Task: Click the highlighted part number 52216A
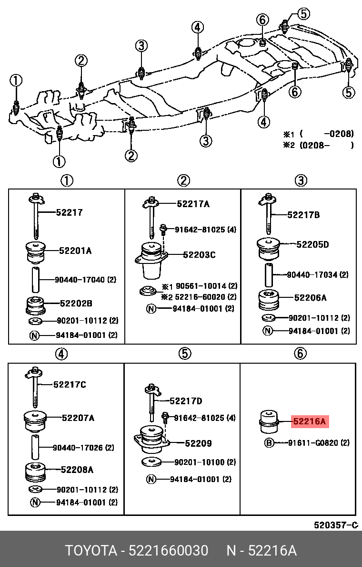[310, 421]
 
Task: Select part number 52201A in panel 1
[75, 250]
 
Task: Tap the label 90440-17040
[78, 280]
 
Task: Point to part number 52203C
[199, 255]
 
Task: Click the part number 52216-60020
[199, 297]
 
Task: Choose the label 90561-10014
[199, 286]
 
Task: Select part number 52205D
[312, 244]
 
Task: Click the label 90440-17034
[312, 275]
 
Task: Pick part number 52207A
[78, 418]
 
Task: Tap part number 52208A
[77, 470]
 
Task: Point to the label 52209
[198, 443]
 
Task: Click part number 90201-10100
[199, 462]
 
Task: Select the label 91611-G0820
[312, 443]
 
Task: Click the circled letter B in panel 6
[269, 443]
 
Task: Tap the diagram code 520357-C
[335, 525]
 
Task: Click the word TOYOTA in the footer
[91, 551]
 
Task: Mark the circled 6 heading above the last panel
[300, 354]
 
